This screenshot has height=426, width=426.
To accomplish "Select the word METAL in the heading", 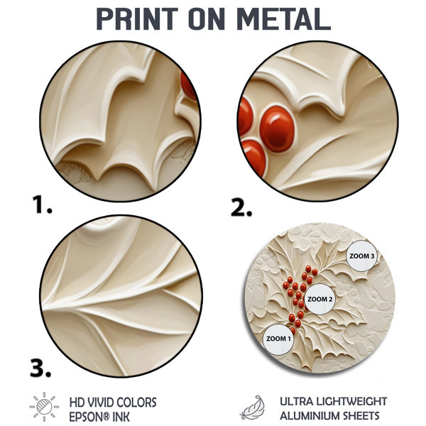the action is (283, 18).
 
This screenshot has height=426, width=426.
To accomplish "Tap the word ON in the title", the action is (207, 18).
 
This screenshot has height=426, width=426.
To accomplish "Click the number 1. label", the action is (42, 204).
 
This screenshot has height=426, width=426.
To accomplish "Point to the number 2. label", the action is (241, 207).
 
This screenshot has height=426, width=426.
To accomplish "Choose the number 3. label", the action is (40, 368).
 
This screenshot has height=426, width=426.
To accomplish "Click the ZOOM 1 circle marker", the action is (278, 339).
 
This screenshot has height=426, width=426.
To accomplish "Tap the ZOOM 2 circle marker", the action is (319, 299).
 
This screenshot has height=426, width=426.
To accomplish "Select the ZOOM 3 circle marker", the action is (361, 256).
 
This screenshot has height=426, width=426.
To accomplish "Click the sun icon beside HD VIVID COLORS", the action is (45, 407).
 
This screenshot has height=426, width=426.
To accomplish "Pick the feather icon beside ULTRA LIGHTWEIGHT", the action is (252, 408).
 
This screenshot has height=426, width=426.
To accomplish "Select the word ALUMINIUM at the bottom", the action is (310, 415).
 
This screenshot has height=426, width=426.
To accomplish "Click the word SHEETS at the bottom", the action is (361, 415).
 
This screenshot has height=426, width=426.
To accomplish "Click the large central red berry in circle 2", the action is (277, 129).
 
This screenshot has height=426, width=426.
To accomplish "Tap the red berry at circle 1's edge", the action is (189, 85).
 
